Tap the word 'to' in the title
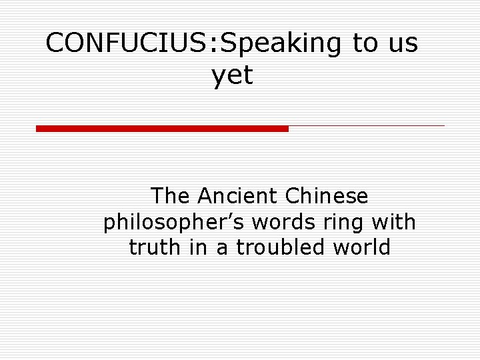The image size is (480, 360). [x=365, y=43]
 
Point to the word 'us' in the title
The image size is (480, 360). [x=402, y=44]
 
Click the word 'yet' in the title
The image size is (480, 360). [x=233, y=75]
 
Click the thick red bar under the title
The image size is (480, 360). [x=162, y=128]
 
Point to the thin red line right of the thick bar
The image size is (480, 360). [x=366, y=125]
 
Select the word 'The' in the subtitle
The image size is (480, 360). [x=170, y=196]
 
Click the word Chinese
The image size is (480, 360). [x=326, y=196]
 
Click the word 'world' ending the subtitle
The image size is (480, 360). [x=361, y=247]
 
